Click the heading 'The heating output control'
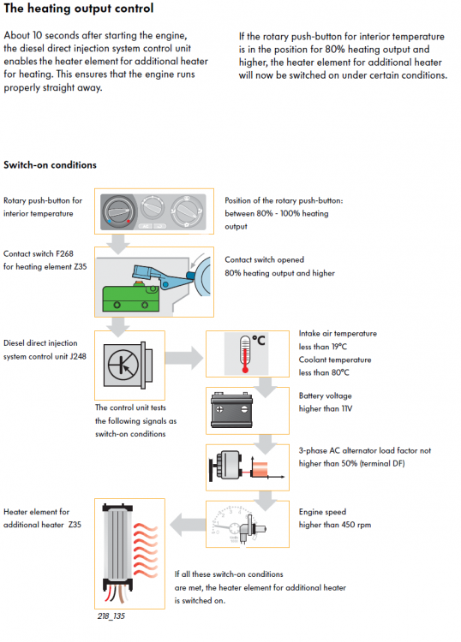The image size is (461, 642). tap(79, 9)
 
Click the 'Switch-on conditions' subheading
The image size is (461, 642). tap(50, 165)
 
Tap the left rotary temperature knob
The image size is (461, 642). tap(119, 211)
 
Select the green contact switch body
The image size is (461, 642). tap(130, 299)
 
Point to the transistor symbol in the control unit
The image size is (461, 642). tap(123, 365)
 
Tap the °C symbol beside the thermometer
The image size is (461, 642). tap(259, 340)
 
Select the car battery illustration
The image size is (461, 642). tap(231, 409)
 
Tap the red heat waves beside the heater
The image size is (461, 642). tap(146, 550)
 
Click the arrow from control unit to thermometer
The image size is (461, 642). tap(184, 358)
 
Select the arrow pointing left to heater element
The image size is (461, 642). tap(188, 525)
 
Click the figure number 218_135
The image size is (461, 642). tap(111, 615)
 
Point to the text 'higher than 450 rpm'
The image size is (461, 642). tap(335, 525)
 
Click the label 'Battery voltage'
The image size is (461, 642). tap(326, 396)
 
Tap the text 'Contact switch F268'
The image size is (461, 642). tap(39, 254)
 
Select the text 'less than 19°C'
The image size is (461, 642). tap(323, 347)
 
